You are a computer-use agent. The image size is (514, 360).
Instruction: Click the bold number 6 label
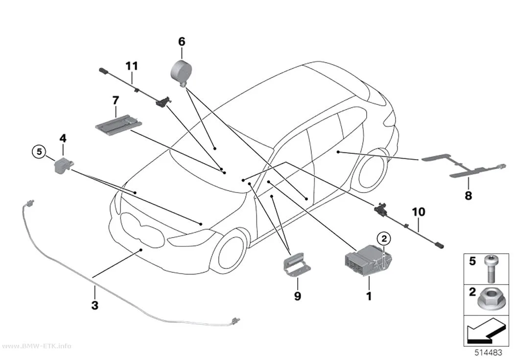point(182,42)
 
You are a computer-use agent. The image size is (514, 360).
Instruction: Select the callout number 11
point(132,66)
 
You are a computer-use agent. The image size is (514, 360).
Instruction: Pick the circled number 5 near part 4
point(39,152)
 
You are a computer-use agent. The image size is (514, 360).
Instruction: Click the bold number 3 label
point(95,305)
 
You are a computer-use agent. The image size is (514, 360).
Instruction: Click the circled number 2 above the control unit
point(384,239)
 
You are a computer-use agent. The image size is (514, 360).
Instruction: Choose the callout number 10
point(419,212)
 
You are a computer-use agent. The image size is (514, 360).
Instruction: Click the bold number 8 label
point(468,196)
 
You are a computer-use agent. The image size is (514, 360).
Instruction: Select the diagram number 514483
point(489,353)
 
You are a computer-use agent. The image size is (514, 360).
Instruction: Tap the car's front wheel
point(228,251)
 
